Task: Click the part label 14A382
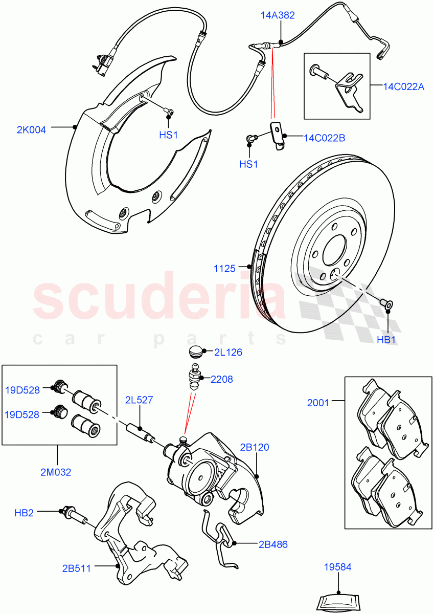click(x=278, y=16)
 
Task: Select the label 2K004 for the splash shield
click(x=31, y=130)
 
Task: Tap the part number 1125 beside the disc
click(x=225, y=268)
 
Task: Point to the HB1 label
click(x=387, y=340)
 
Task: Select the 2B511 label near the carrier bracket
click(x=77, y=568)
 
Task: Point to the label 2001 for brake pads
click(x=318, y=403)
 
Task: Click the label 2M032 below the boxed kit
click(x=56, y=472)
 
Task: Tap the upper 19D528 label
click(x=22, y=390)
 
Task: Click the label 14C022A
click(x=403, y=87)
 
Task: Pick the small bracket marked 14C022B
click(x=276, y=136)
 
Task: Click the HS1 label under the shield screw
click(x=168, y=135)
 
